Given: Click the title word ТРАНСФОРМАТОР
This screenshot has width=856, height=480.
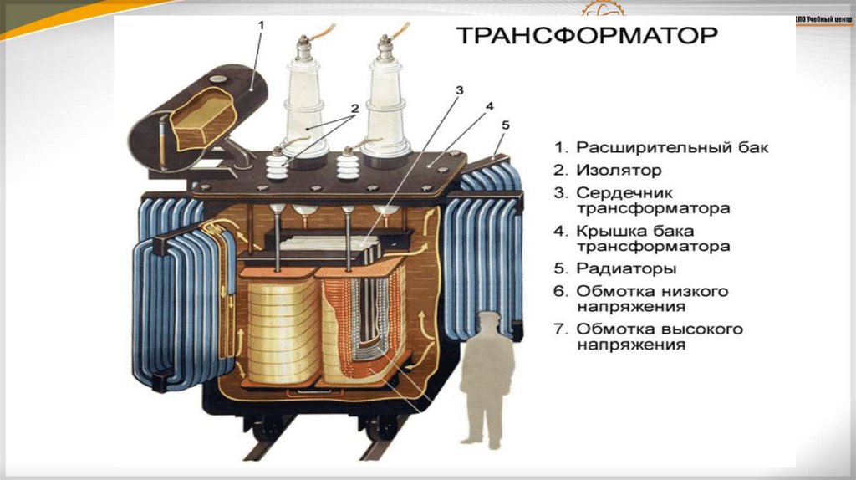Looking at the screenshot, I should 584,37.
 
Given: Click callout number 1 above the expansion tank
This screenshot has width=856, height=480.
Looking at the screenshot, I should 261,26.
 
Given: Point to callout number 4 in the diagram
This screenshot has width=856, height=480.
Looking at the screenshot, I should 489,106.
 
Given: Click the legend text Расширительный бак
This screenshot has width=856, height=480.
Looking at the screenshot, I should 671,147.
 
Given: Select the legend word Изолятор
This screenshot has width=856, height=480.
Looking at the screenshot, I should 619,170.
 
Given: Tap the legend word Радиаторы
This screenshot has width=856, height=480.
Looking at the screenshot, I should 626,269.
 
